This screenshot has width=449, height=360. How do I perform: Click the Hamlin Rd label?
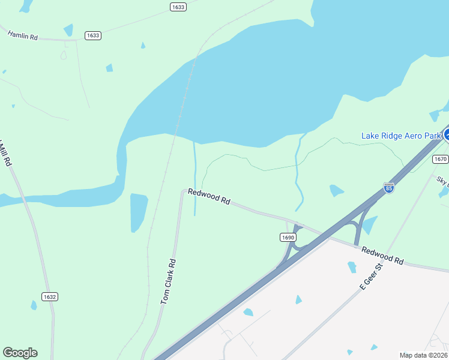pyautogui.click(x=23, y=35)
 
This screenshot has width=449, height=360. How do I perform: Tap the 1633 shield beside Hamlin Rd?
pyautogui.click(x=93, y=35)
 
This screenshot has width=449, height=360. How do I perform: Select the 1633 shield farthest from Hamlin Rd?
pyautogui.click(x=178, y=7)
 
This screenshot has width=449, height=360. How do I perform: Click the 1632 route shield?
pyautogui.click(x=50, y=296)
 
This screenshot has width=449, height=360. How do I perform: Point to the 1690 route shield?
pyautogui.click(x=288, y=237)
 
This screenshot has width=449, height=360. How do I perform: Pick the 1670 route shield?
pyautogui.click(x=440, y=159)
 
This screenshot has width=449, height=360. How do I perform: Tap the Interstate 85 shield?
pyautogui.click(x=389, y=187)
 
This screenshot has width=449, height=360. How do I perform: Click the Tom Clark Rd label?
pyautogui.click(x=168, y=281)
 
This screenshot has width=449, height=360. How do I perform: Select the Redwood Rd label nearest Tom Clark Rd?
pyautogui.click(x=209, y=197)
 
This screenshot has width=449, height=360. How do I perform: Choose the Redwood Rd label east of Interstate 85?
pyautogui.click(x=382, y=255)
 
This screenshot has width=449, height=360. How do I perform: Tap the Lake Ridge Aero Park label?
pyautogui.click(x=401, y=136)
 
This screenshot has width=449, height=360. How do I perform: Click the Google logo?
pyautogui.click(x=20, y=353)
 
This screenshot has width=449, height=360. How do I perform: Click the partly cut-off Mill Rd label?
pyautogui.click(x=5, y=153)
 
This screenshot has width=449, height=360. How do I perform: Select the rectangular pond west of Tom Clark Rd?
pyautogui.click(x=139, y=211)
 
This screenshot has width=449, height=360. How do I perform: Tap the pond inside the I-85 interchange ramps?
pyautogui.click(x=369, y=225)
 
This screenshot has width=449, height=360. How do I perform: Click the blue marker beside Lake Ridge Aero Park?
pyautogui.click(x=446, y=134)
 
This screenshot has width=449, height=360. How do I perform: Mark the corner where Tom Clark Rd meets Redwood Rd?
pyautogui.click(x=182, y=192)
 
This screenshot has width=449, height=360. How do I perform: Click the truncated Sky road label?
pyautogui.click(x=443, y=180)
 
